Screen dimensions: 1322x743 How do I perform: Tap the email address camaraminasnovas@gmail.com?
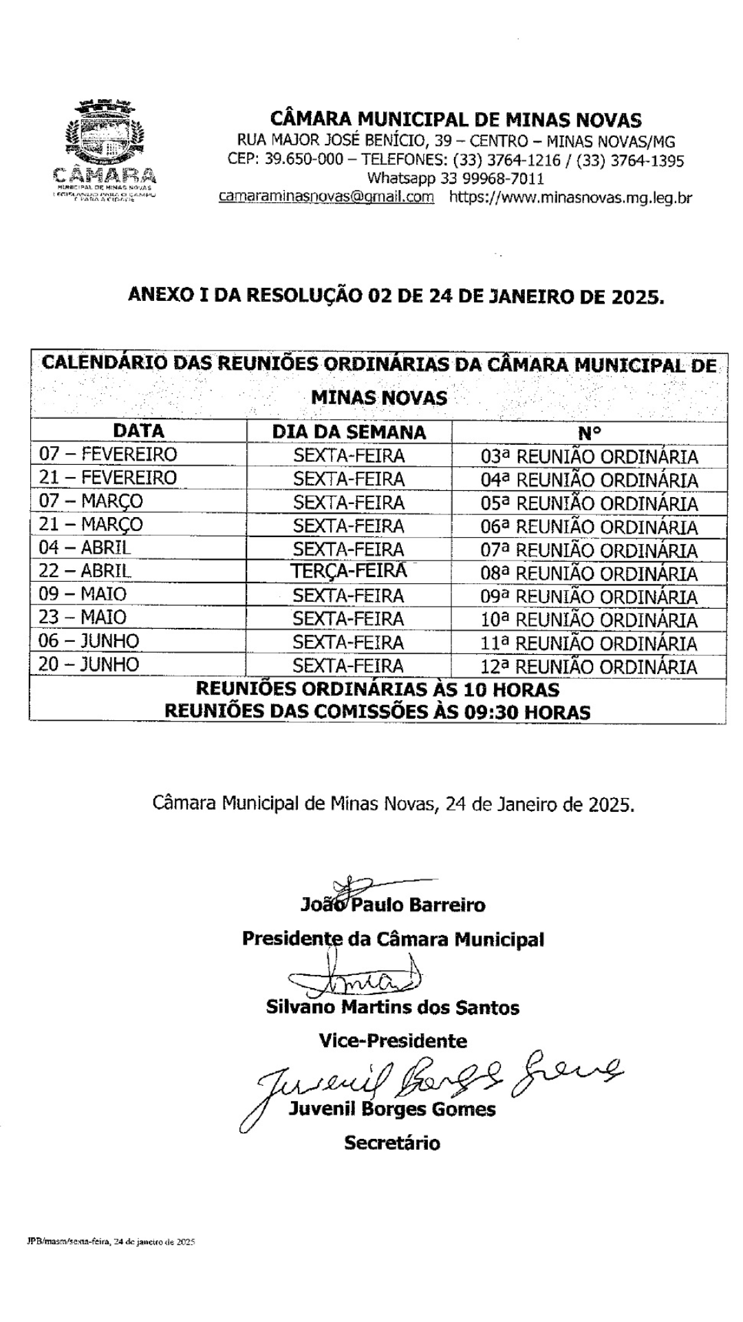[x=326, y=197]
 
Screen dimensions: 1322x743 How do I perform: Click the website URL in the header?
[x=570, y=198]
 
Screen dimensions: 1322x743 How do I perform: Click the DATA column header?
[x=138, y=431]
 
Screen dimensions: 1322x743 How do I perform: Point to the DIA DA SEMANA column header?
[x=349, y=432]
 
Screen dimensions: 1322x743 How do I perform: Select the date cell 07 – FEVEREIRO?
[x=108, y=454]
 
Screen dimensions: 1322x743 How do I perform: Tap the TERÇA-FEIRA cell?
[x=349, y=571]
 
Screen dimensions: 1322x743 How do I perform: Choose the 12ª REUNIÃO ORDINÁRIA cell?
[x=589, y=667]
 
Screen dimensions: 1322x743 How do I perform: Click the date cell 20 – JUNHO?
[x=89, y=664]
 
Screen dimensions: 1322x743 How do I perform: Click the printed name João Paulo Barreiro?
[x=393, y=905]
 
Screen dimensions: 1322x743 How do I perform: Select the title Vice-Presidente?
[x=393, y=1040]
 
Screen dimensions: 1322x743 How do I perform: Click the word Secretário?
[x=392, y=1143]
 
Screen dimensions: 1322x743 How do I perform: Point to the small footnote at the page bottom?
[x=107, y=1242]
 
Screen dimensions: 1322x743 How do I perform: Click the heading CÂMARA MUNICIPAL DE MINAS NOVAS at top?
[x=455, y=120]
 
